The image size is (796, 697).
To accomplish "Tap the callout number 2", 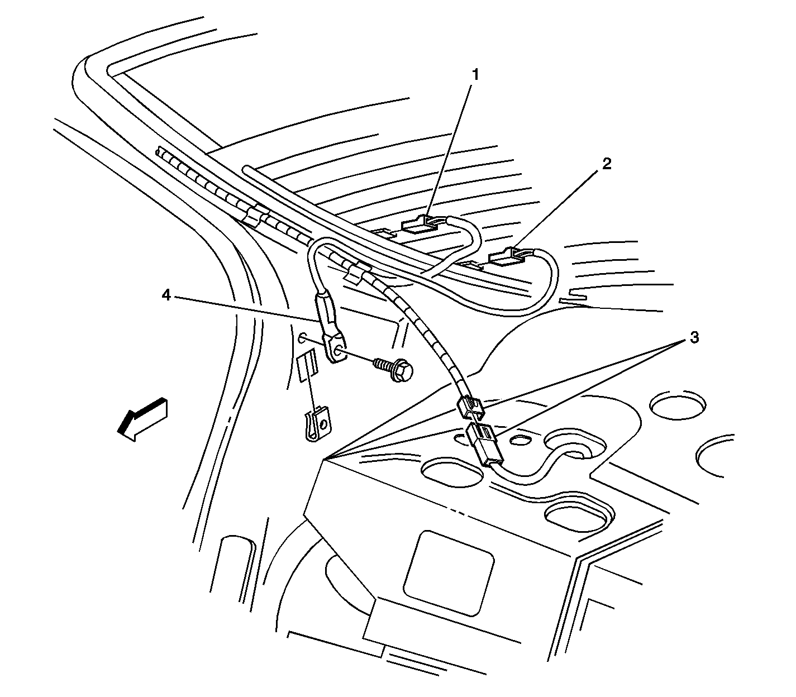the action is pos(607,164).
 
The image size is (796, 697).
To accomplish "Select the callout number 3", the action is pos(694,337).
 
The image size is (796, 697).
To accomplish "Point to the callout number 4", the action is pos(166,296).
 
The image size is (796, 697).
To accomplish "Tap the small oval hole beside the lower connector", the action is pos(520,440).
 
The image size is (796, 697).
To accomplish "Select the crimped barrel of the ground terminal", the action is pos(326,311).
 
